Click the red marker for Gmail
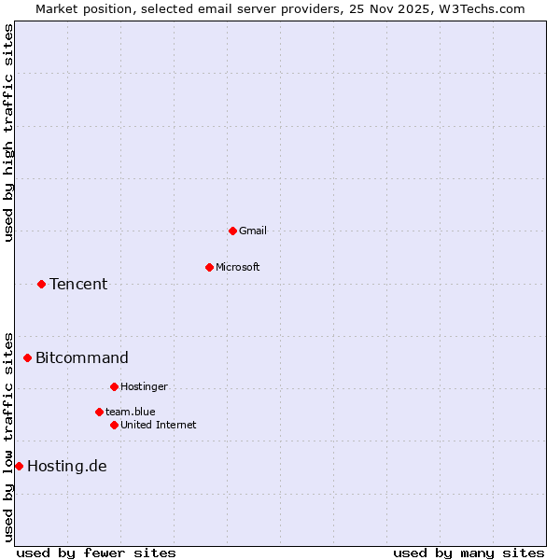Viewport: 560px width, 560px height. point(232,231)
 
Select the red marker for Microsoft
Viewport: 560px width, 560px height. point(209,267)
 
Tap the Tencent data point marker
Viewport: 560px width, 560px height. point(41,284)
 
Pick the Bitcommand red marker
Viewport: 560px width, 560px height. point(27,357)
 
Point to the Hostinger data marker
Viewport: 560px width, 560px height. point(114,386)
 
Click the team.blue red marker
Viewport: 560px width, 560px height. point(99,412)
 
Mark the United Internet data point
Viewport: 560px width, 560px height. point(114,425)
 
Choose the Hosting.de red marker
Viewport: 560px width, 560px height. point(19,466)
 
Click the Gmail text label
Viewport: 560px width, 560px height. point(253,231)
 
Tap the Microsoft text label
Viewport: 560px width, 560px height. point(238,267)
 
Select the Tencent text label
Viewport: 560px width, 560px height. point(78,284)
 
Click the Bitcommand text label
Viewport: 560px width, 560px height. point(82,357)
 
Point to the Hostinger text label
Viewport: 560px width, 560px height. point(144,386)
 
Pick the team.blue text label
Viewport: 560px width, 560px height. point(131,412)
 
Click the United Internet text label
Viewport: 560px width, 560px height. point(159,425)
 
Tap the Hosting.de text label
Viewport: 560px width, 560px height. point(67,466)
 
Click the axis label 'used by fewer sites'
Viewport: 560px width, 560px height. point(96,553)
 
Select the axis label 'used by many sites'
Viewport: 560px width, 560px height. point(469,553)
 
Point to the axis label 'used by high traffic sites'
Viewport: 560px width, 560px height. point(8,133)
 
